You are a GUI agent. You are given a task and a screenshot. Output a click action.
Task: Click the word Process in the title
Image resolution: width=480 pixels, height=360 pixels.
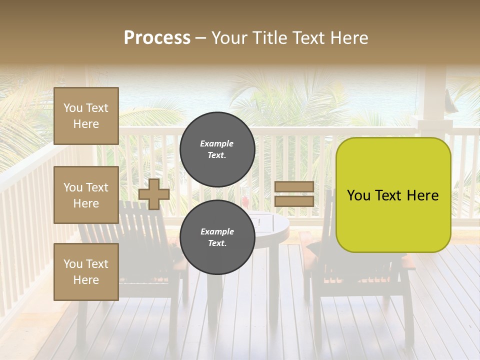click(157, 38)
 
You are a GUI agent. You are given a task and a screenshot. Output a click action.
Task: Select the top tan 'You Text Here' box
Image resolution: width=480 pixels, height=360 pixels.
click(86, 116)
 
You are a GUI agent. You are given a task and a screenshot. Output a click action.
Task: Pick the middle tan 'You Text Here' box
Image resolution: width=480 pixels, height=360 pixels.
click(86, 195)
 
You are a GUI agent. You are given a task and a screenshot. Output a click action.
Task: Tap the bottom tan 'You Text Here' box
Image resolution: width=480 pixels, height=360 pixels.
click(86, 271)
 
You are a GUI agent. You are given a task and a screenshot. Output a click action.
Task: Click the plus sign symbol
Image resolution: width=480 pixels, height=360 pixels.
click(154, 194)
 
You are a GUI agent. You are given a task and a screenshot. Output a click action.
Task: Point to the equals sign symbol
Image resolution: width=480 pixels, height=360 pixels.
click(294, 194)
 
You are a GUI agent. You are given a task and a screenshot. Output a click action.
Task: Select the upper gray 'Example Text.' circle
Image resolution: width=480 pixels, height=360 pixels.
click(217, 149)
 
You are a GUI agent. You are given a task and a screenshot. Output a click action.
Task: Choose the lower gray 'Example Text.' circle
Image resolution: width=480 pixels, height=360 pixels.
click(217, 237)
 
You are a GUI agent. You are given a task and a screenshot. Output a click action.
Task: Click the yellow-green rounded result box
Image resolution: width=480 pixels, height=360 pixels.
click(393, 195)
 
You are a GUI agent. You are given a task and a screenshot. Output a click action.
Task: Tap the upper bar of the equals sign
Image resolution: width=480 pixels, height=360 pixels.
click(294, 187)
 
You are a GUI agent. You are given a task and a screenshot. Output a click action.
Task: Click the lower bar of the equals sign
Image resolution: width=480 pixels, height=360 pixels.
click(294, 201)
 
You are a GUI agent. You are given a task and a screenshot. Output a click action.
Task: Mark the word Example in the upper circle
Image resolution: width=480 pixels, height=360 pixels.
click(217, 143)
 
